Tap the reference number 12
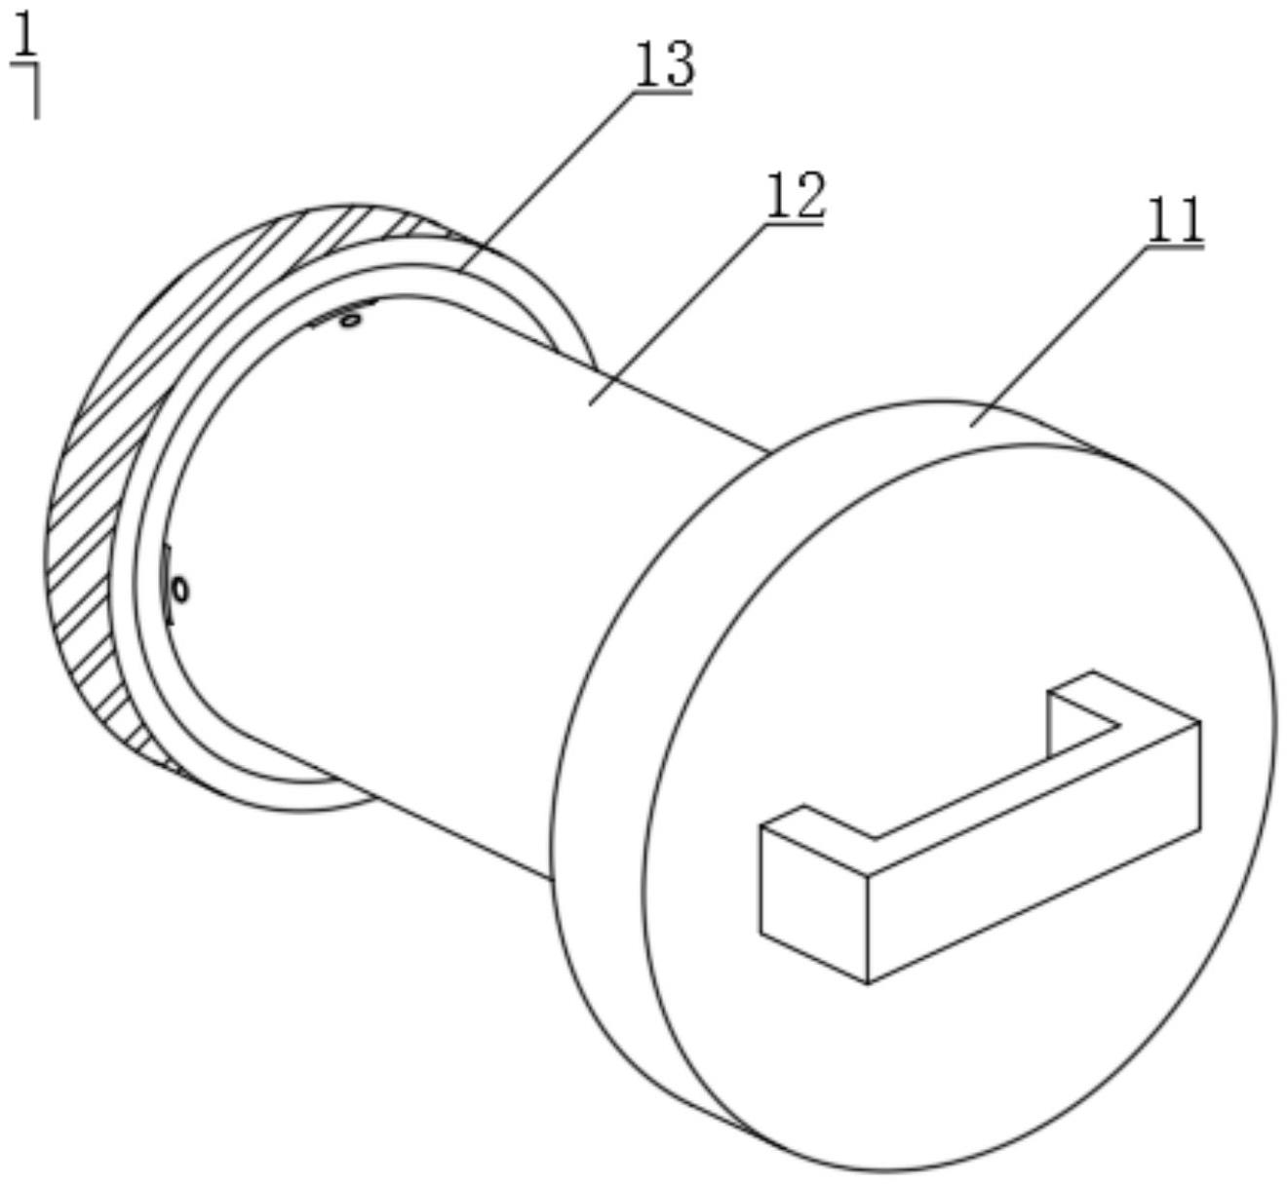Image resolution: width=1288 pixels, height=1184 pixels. pyautogui.click(x=796, y=197)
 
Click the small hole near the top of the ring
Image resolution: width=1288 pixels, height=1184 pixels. pyautogui.click(x=344, y=319)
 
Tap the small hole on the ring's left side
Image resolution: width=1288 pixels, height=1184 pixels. pyautogui.click(x=179, y=590)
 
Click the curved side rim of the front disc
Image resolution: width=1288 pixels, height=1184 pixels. pyautogui.click(x=595, y=780)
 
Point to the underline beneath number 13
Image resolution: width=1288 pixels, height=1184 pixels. pyautogui.click(x=663, y=93)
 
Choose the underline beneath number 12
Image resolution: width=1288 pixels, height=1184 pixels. pyautogui.click(x=796, y=224)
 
